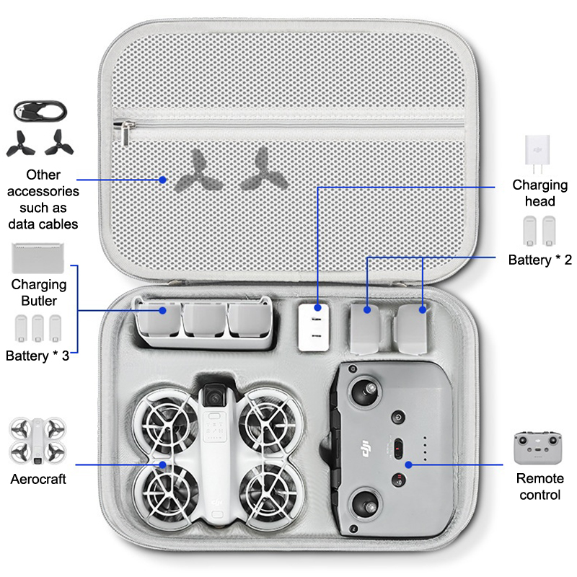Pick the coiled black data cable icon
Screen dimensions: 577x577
pos(40,111)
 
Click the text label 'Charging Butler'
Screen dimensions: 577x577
pos(39,293)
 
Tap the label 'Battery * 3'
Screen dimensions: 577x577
pos(38,355)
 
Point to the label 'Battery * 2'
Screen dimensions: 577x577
pos(540,260)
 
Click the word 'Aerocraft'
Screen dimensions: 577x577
pos(38,479)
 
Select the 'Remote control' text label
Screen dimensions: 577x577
pos(539,486)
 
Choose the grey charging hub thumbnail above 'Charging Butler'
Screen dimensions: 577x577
pos(39,257)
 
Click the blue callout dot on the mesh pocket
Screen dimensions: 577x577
pos(163,180)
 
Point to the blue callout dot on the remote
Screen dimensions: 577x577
pos(408,464)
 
